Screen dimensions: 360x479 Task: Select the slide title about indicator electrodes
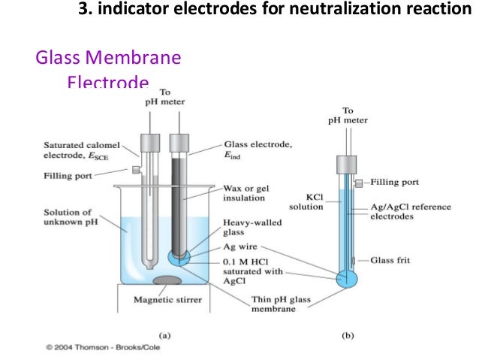pos(277,11)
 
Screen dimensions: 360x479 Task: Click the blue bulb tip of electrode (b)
pos(348,277)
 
